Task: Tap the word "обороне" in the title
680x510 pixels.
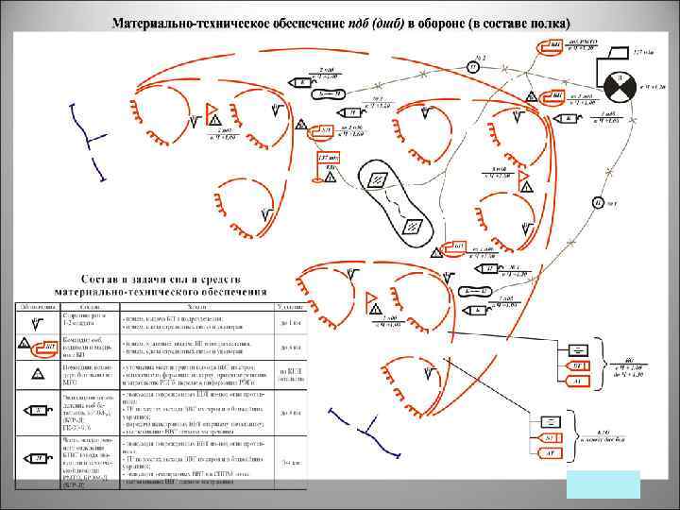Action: pos(426,23)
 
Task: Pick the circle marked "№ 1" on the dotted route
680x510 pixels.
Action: pos(597,202)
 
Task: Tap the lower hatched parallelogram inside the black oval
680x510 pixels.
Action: pos(413,225)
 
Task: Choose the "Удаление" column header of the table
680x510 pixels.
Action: pos(288,305)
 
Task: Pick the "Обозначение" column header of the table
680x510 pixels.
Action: pos(35,305)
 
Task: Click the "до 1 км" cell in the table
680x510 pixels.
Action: pos(288,323)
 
